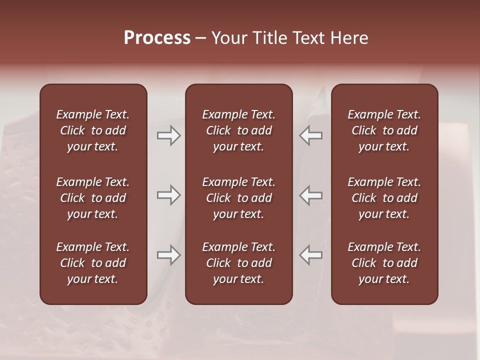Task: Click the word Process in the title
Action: click(157, 38)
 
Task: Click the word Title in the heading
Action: click(267, 38)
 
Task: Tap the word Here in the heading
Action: click(348, 38)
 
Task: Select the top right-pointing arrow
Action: click(168, 135)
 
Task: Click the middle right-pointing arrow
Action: click(168, 195)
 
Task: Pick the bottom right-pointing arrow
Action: click(168, 255)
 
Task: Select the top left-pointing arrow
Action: click(311, 135)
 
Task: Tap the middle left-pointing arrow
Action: click(311, 195)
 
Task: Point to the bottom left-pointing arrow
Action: click(311, 255)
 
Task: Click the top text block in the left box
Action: click(93, 130)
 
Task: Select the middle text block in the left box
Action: click(93, 198)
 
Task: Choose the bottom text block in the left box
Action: click(93, 263)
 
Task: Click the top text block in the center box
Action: click(238, 130)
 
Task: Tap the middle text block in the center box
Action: click(238, 198)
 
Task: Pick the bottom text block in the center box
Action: click(238, 263)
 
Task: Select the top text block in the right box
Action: click(384, 130)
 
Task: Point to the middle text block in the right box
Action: click(384, 198)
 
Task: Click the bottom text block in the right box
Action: click(384, 263)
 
